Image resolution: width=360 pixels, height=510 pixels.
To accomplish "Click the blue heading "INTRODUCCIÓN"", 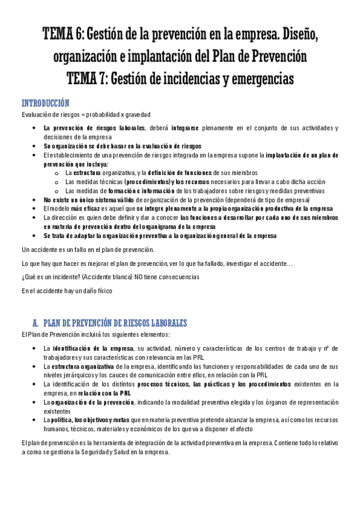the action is click(x=45, y=103).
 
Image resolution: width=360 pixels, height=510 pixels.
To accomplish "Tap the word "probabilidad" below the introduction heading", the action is click(x=97, y=114).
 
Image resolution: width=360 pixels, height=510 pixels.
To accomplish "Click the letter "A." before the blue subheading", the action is click(x=35, y=323).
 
